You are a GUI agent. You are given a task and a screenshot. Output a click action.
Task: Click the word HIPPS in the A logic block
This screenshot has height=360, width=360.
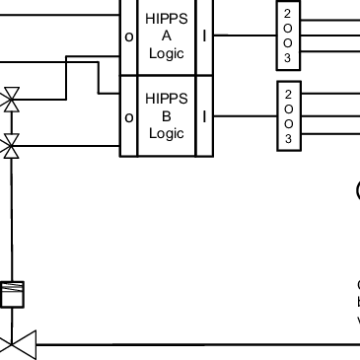coord(166,19)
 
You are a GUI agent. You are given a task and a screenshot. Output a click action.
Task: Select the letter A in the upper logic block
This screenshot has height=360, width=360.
coord(166,36)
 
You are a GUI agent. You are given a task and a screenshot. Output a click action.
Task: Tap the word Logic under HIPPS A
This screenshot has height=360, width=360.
coord(166,53)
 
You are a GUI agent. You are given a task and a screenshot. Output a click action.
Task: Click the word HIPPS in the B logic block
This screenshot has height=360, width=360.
coord(166,99)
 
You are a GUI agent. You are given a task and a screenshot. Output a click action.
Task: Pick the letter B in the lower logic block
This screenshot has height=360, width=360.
coord(166,116)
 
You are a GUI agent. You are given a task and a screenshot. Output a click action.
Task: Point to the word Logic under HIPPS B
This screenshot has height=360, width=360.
coord(166,133)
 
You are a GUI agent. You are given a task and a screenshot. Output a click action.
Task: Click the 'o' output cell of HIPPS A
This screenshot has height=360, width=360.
coord(128,36)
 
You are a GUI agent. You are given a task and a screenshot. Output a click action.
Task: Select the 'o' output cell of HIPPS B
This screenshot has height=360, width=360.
coord(128,117)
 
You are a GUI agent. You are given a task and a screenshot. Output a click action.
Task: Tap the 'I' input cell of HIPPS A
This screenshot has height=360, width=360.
coord(204,36)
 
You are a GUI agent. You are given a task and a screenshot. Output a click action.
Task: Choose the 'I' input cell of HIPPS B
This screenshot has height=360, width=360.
coord(204,117)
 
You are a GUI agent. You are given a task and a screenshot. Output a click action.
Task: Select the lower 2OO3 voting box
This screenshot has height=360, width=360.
coord(287,116)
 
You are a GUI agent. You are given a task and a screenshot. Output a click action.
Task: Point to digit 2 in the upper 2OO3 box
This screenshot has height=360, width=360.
coord(287,13)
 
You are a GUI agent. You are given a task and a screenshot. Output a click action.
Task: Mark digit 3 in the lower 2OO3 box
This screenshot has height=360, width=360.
coord(287,140)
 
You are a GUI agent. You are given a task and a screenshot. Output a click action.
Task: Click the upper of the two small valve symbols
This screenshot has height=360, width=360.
coord(12,100)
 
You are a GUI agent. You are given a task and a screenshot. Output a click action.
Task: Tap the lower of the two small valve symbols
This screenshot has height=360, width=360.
coord(12,148)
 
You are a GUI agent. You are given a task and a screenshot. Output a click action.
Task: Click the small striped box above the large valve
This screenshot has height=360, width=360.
coord(12,294)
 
